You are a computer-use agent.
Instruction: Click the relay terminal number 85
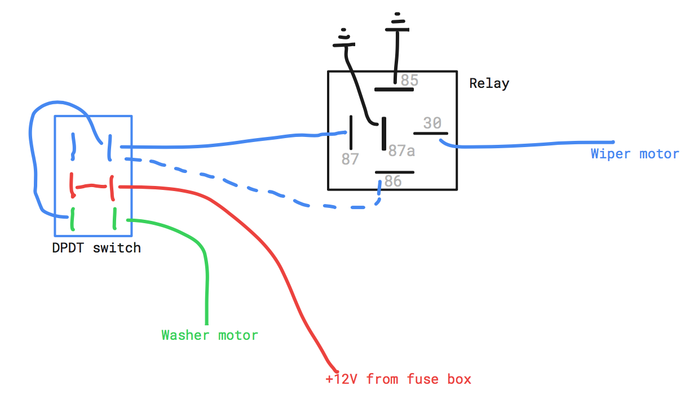(409, 81)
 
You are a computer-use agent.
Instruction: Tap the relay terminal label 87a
(401, 150)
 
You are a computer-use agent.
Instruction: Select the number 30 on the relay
(432, 123)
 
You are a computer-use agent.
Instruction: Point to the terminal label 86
(392, 181)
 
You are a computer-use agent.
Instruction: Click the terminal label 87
(350, 159)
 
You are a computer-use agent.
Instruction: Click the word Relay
(489, 84)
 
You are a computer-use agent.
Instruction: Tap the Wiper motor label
(635, 154)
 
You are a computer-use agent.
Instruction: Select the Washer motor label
(210, 335)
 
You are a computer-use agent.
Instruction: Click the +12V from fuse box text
(398, 379)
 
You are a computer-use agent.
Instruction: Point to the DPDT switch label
(96, 248)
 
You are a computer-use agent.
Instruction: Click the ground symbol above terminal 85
(399, 21)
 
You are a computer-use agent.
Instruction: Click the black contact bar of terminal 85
(394, 88)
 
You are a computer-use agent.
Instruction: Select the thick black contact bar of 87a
(383, 134)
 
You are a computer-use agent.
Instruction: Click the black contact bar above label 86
(395, 172)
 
